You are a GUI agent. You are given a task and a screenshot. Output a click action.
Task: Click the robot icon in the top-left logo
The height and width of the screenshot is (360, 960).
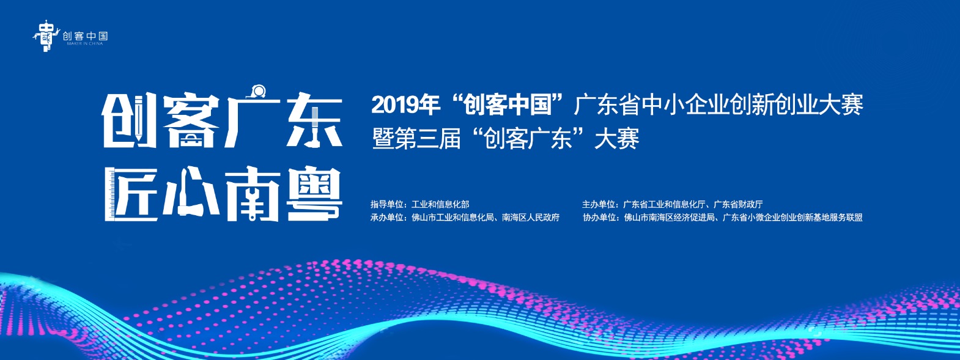45,37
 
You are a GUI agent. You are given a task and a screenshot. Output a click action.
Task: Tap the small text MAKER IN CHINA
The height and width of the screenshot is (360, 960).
85,44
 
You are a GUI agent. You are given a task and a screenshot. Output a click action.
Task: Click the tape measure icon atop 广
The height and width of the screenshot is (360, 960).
259,90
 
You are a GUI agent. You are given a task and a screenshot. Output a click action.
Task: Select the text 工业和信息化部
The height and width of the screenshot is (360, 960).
440,204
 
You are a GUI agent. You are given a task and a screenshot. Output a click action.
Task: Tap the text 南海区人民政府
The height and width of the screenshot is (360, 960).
531,218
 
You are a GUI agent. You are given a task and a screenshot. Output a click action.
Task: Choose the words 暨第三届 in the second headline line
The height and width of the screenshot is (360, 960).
416,139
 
